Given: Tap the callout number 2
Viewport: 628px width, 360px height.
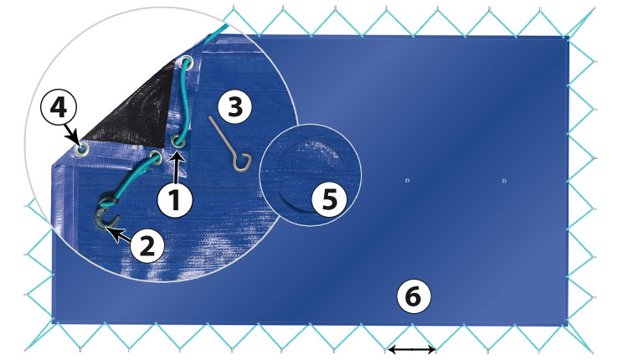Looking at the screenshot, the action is (x=147, y=245).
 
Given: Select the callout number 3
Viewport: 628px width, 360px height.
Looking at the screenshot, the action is (x=235, y=107).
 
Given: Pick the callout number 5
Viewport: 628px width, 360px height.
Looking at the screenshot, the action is (x=329, y=199).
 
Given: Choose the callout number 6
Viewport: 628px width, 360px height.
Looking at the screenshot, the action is (x=414, y=296).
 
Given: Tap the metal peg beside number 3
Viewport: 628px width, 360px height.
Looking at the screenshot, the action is (x=230, y=143).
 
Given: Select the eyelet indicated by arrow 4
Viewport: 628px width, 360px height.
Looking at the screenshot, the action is (x=81, y=149).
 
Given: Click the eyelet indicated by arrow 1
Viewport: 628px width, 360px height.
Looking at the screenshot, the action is (x=178, y=141).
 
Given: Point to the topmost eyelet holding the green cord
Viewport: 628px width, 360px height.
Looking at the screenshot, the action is (x=186, y=63).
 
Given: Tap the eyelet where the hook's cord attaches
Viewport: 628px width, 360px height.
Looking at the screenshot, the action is (x=155, y=157).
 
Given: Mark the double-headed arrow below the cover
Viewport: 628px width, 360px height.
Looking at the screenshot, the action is (x=411, y=350).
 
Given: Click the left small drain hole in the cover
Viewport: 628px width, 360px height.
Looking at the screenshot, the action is (x=407, y=181).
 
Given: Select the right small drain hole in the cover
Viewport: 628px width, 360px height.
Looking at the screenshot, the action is (x=504, y=181).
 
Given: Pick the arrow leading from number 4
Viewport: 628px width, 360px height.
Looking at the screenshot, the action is (x=72, y=132).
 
